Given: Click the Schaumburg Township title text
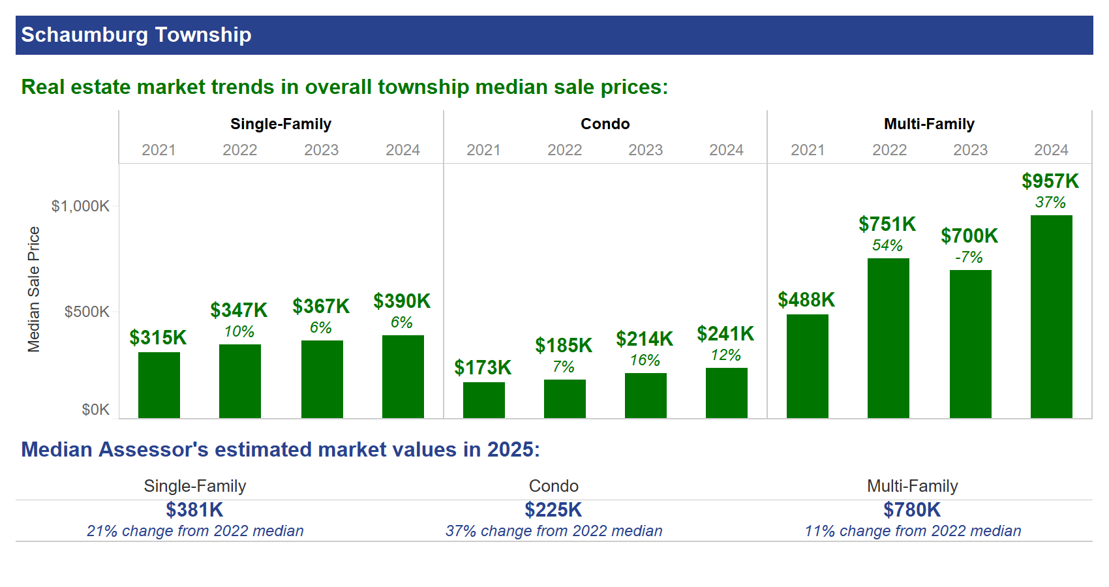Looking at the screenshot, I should click(x=136, y=35).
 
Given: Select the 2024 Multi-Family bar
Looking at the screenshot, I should click(x=1051, y=316).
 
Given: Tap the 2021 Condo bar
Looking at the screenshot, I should click(x=483, y=400).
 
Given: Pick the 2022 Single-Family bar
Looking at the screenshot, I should click(x=239, y=381).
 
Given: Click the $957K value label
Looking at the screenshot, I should click(x=1050, y=181).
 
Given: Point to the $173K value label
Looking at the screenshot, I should click(x=483, y=367).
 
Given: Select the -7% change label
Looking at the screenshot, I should click(x=969, y=257).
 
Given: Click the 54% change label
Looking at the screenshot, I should click(x=887, y=245).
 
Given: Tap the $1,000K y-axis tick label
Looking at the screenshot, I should click(x=80, y=206).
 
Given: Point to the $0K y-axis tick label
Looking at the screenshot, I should click(x=95, y=410).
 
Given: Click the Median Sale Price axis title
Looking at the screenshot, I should click(x=34, y=289).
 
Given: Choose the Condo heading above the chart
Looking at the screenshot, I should click(x=605, y=124).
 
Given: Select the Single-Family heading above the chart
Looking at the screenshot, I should click(x=281, y=124).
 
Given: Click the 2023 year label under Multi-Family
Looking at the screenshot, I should click(x=970, y=150).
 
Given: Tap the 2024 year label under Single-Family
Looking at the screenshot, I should click(x=403, y=150).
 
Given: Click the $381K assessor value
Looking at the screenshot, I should click(x=194, y=509).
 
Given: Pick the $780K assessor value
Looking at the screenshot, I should click(x=912, y=509).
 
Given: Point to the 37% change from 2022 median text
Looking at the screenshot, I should click(x=554, y=531).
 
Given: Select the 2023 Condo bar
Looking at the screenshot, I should click(x=645, y=395).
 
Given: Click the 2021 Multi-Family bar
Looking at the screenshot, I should click(x=807, y=366).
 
